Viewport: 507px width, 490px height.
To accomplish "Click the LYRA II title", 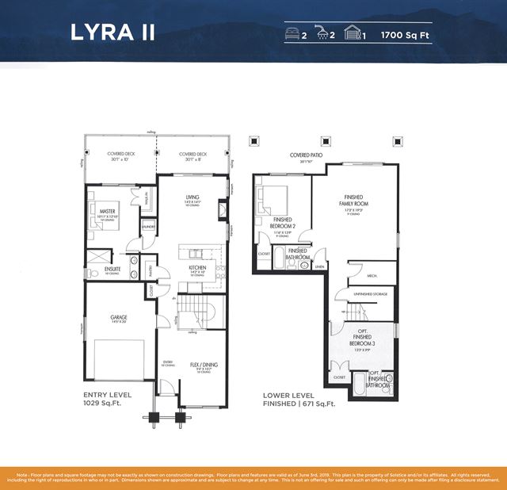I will (x=112, y=33).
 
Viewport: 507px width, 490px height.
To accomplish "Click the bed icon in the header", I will (x=292, y=34).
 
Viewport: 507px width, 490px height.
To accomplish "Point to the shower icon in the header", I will (x=323, y=34).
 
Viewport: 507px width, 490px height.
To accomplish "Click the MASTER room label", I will (x=107, y=211).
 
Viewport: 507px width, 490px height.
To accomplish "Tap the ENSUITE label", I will (x=112, y=269).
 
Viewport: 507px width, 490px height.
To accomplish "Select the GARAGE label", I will (x=119, y=317).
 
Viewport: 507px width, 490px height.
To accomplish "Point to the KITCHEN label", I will (x=197, y=268).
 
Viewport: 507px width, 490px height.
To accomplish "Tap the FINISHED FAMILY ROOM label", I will (x=356, y=201).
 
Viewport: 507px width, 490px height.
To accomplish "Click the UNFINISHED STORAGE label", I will (x=367, y=295).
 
